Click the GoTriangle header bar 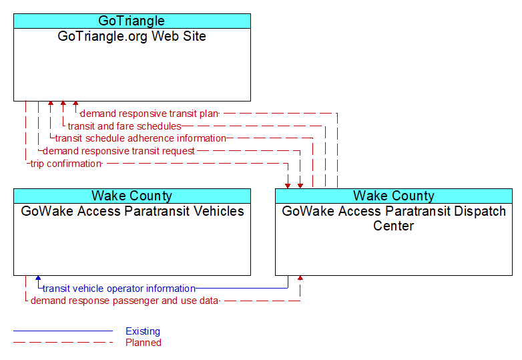[132, 21]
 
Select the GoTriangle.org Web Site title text [132, 36]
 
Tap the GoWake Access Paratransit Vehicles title [132, 211]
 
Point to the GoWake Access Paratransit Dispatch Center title [394, 218]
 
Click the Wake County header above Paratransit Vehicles [132, 196]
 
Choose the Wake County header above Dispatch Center [394, 196]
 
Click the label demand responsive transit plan [150, 114]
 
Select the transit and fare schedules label [125, 126]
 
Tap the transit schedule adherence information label [140, 138]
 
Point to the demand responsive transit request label [119, 151]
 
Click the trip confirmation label [66, 164]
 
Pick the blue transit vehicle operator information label [119, 289]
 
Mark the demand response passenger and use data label [125, 301]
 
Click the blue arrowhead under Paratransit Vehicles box [38, 278]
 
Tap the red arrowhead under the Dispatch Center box [300, 278]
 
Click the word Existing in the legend [143, 331]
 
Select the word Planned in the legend [144, 343]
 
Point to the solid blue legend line [63, 331]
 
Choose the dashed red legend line [63, 343]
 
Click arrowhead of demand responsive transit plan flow [75, 104]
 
